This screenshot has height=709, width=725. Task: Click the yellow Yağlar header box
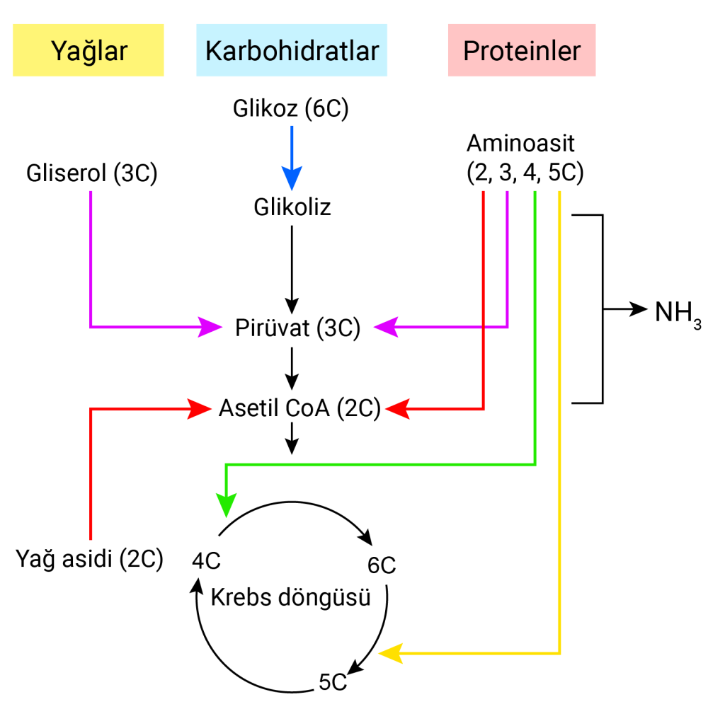click(x=89, y=50)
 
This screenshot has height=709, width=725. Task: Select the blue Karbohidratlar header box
click(x=292, y=50)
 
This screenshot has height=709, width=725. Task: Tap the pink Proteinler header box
click(x=521, y=50)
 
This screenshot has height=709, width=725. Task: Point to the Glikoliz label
click(x=292, y=208)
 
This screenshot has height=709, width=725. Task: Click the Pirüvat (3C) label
click(x=298, y=328)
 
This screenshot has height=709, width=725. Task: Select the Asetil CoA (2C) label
click(x=299, y=408)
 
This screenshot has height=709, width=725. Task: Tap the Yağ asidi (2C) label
click(x=89, y=559)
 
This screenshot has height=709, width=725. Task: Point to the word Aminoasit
click(x=520, y=144)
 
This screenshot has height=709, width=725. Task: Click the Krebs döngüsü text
click(x=291, y=598)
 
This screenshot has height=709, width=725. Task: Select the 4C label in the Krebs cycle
click(x=207, y=560)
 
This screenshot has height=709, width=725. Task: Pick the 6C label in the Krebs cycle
click(x=381, y=565)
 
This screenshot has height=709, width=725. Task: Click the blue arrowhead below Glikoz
click(x=292, y=176)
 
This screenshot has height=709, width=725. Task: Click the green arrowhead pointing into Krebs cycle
click(x=226, y=503)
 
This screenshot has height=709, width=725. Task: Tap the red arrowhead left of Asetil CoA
click(x=200, y=408)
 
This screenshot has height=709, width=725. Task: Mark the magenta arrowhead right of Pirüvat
click(x=386, y=327)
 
